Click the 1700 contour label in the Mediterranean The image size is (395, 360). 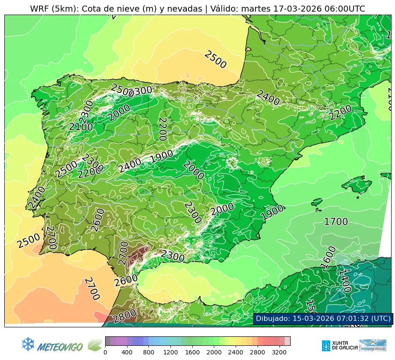pyautogui.click(x=336, y=222)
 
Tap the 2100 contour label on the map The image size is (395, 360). pyautogui.click(x=81, y=127)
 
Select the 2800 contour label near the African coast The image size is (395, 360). pyautogui.click(x=125, y=316)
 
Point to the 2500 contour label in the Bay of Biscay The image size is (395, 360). pyautogui.click(x=215, y=60)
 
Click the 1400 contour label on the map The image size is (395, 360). pyautogui.click(x=344, y=281)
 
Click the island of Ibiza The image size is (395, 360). pyautogui.click(x=316, y=202)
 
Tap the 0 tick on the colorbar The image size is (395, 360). pyautogui.click(x=105, y=352)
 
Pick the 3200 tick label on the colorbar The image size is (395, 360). pyautogui.click(x=279, y=352)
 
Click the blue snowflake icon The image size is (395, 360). pyautogui.click(x=28, y=343)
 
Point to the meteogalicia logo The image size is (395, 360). pyautogui.click(x=373, y=345)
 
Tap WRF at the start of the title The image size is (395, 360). pyautogui.click(x=39, y=9)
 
